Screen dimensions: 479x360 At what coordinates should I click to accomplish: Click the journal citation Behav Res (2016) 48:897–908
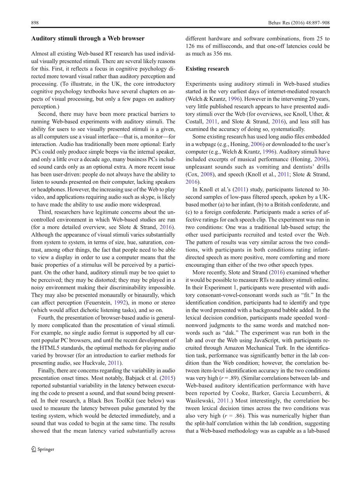click(299, 23)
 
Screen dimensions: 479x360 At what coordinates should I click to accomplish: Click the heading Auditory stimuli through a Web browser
click(88, 39)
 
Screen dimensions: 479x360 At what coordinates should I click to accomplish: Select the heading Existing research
click(207, 69)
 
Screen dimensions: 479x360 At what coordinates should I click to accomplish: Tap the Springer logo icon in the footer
click(34, 449)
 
